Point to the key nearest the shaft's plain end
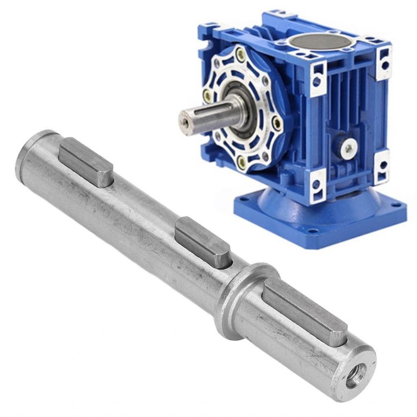click(x=86, y=161)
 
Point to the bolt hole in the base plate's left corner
click(x=244, y=199)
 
